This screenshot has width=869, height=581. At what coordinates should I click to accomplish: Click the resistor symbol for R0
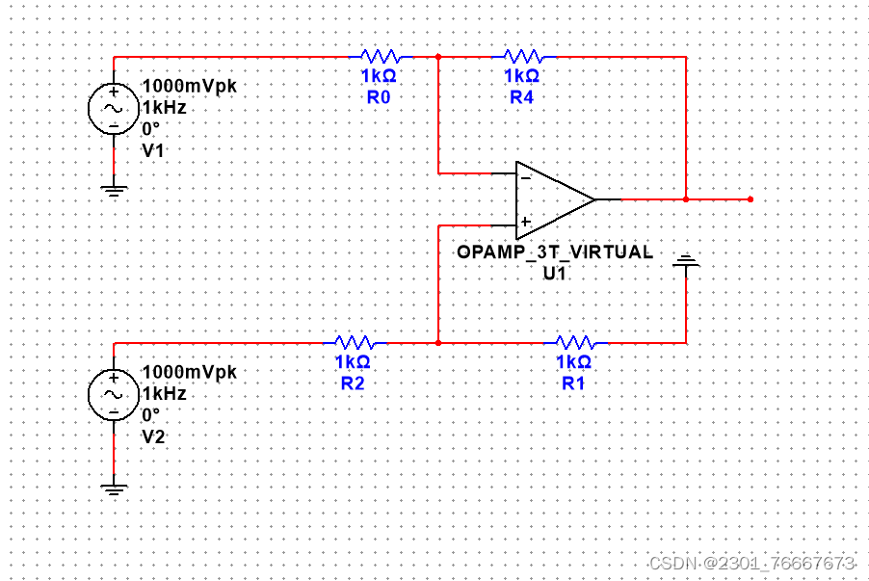(380, 56)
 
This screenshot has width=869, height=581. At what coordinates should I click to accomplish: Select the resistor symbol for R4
(522, 56)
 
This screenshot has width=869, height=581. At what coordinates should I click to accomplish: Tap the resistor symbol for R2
(354, 342)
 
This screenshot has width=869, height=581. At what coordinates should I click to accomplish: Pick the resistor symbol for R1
(574, 342)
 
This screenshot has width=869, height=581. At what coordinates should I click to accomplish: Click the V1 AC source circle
(114, 108)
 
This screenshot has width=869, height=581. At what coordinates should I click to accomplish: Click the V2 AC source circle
(114, 394)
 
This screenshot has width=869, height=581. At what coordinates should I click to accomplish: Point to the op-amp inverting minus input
(525, 176)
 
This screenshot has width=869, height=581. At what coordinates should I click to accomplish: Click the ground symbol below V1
(114, 189)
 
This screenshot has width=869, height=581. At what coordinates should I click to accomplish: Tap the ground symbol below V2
(114, 489)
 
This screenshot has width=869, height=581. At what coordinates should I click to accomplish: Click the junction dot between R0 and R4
(438, 56)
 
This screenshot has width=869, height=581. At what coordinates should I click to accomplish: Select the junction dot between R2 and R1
(438, 342)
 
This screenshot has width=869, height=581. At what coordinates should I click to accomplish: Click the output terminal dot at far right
(750, 199)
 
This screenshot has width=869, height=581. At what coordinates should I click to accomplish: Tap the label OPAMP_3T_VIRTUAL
(554, 252)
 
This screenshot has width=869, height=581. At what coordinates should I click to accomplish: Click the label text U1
(554, 272)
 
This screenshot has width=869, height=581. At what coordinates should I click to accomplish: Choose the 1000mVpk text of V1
(189, 86)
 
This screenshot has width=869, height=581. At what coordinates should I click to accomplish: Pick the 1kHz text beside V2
(164, 393)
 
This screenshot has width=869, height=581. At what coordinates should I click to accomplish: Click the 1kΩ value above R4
(521, 75)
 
